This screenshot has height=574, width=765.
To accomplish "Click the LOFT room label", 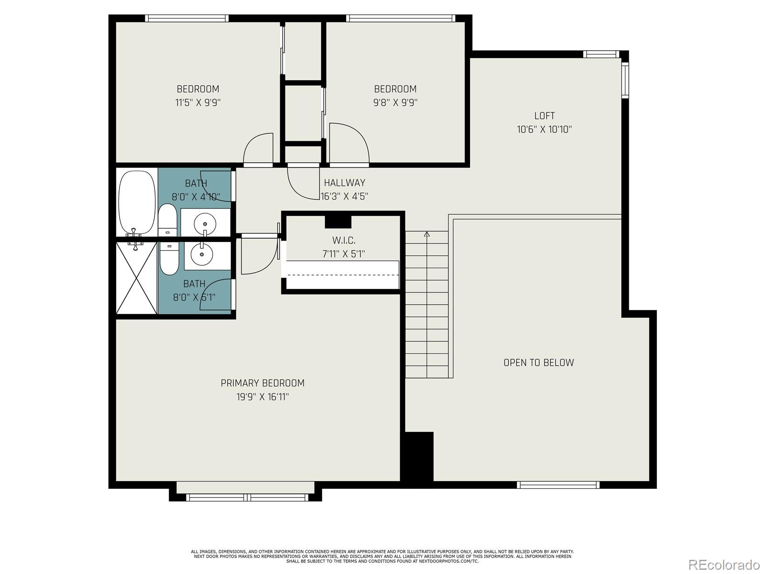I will click(544, 116).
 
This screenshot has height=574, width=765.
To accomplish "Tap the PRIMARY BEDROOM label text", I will click(262, 383).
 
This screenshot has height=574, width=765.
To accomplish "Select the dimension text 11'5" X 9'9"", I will click(198, 102).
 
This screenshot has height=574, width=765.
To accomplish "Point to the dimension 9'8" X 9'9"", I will click(395, 102).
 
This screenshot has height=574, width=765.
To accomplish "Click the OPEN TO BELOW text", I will click(538, 363).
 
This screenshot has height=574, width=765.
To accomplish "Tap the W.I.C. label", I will click(344, 241).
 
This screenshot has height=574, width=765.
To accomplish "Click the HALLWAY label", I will click(344, 183).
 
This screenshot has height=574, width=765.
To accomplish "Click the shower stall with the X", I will click(137, 278).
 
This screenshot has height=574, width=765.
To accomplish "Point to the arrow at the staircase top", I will click(427, 234).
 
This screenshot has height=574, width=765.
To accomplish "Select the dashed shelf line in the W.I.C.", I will click(342, 276).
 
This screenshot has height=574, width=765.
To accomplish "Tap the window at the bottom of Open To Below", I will click(558, 485).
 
